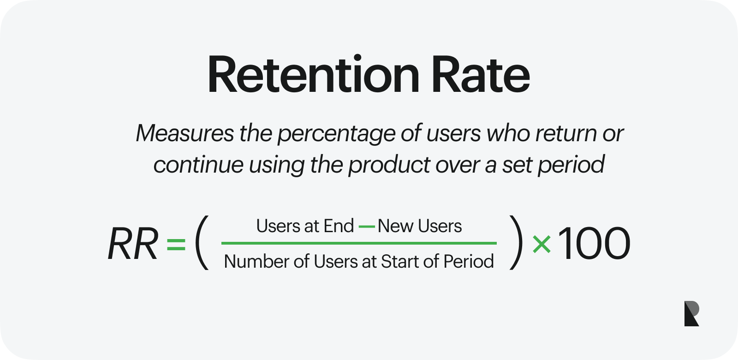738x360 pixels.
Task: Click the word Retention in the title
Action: (313, 75)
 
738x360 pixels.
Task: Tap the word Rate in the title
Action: (481, 75)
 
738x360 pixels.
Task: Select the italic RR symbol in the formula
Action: (133, 244)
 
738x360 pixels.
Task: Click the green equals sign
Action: (176, 244)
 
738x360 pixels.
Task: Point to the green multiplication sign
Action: (542, 244)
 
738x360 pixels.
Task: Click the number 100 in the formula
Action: (594, 244)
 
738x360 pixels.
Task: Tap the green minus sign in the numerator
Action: (367, 227)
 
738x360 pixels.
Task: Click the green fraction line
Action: (359, 243)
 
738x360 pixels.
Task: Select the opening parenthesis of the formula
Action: (202, 243)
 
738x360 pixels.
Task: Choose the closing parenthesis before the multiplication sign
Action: (516, 243)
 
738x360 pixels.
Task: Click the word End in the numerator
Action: (339, 226)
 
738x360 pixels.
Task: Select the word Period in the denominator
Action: (469, 262)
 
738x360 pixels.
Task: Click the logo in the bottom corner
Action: (691, 313)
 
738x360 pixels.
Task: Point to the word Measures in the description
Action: (185, 133)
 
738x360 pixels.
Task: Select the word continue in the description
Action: (198, 164)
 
